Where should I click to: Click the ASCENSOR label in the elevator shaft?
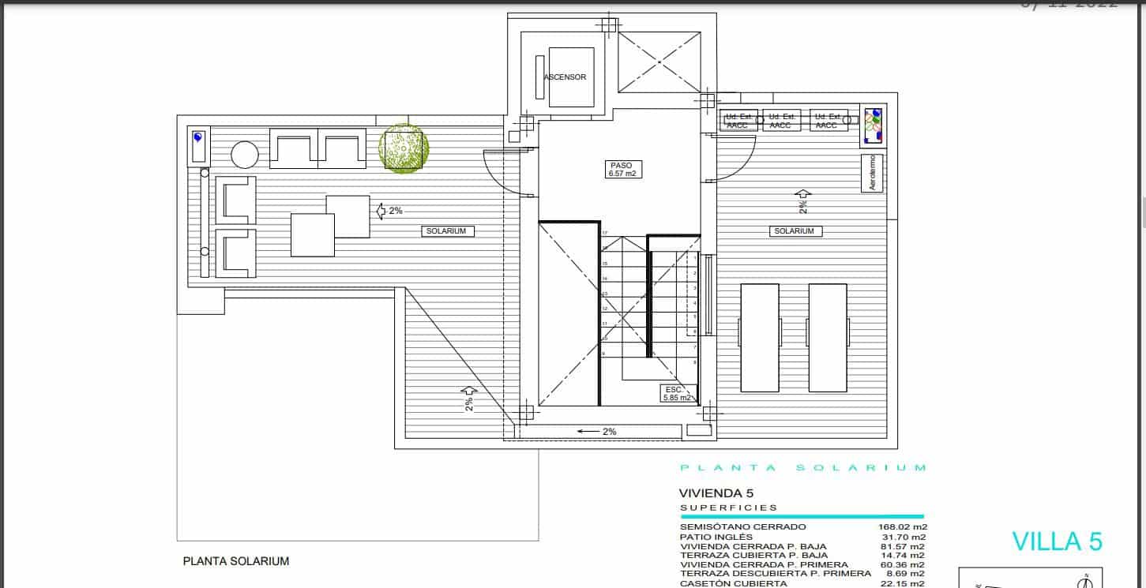(565, 77)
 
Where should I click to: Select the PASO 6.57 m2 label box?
(621, 170)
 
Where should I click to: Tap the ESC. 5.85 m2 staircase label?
(678, 394)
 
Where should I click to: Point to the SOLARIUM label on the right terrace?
(794, 231)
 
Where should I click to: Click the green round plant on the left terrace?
(404, 148)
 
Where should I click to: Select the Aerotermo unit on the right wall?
(872, 173)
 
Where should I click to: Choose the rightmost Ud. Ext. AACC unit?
(827, 121)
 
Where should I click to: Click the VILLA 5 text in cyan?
(1057, 541)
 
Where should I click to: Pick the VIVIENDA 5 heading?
(712, 492)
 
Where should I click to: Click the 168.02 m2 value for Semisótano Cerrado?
(902, 526)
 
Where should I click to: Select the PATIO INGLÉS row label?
(711, 537)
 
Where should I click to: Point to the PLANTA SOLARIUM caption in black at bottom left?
(235, 562)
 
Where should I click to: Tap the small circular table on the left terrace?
(244, 155)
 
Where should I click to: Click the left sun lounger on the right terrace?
(760, 338)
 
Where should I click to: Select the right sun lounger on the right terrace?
(827, 338)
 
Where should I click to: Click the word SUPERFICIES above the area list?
(728, 507)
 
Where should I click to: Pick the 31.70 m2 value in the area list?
(905, 537)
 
